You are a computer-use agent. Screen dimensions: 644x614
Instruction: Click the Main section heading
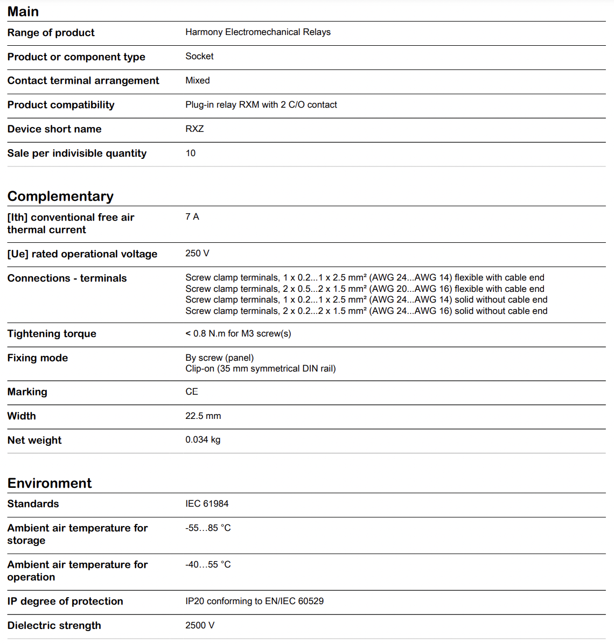tap(23, 11)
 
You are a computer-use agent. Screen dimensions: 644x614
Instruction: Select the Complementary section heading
tap(60, 196)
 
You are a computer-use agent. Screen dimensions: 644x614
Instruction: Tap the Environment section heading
tap(50, 483)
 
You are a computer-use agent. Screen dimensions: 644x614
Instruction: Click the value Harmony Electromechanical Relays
tap(258, 32)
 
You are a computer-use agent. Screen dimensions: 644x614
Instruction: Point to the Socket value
tap(199, 57)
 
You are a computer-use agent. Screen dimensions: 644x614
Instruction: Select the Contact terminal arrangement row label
tap(83, 81)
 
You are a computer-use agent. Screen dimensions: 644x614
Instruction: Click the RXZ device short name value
tap(194, 129)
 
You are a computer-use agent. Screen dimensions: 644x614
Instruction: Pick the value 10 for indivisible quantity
tap(191, 153)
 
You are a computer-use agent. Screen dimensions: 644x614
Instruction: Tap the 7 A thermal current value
tap(192, 217)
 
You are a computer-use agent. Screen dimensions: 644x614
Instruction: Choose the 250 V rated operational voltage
tap(197, 254)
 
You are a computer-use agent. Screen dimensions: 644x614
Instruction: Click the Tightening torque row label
tap(52, 334)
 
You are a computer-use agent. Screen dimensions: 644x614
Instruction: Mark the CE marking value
tap(192, 392)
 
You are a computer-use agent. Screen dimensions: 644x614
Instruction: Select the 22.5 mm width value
tap(203, 416)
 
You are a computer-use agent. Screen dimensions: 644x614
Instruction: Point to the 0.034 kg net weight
tap(203, 440)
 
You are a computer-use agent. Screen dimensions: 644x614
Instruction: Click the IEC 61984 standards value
tap(207, 504)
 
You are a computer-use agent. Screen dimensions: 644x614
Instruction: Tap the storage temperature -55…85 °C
tap(208, 528)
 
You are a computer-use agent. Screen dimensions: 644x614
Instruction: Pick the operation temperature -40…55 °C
tap(208, 565)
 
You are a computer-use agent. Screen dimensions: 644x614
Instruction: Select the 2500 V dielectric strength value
tap(200, 626)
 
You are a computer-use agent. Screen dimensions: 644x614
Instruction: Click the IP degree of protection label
tap(65, 601)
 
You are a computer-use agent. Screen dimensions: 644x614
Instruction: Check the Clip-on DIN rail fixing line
tap(260, 369)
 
